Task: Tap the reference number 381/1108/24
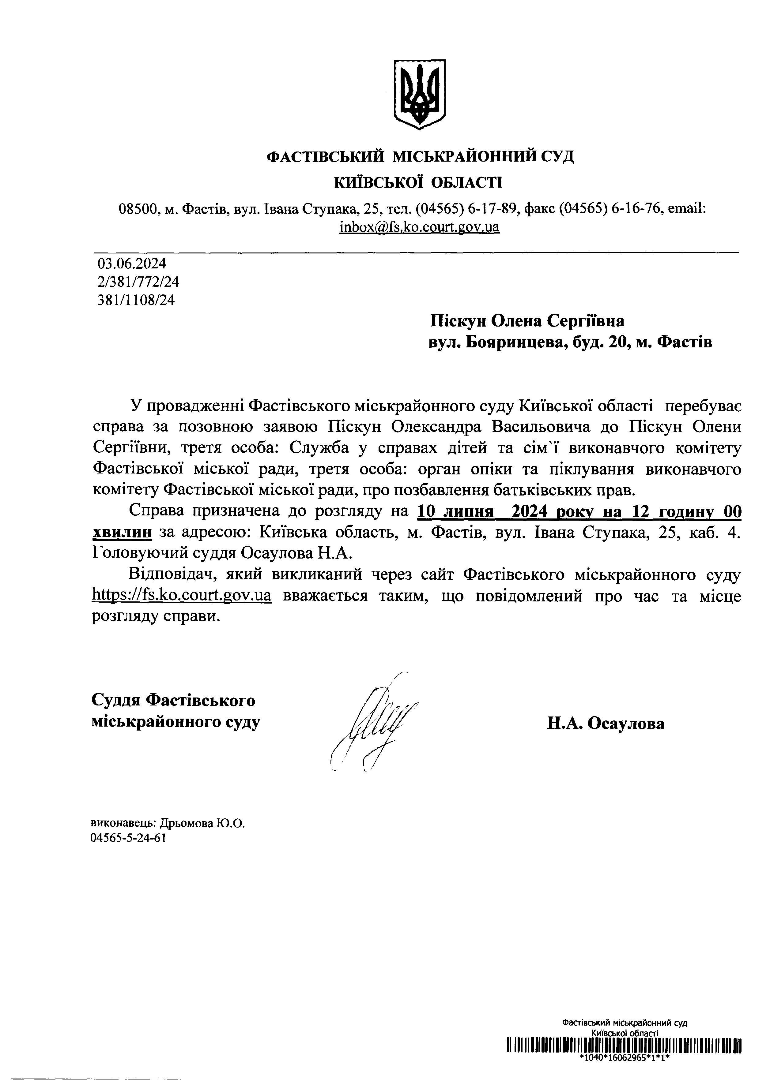[x=136, y=300]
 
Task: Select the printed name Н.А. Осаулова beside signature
[x=606, y=723]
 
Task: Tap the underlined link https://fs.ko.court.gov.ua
[x=182, y=596]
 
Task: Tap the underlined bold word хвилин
[x=122, y=533]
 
